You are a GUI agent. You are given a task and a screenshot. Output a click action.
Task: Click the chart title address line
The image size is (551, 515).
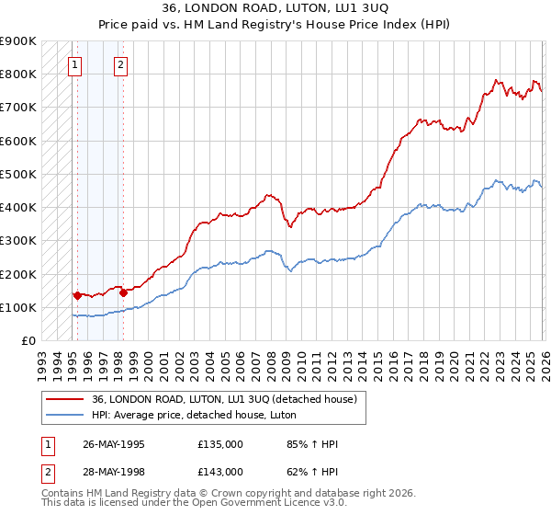(x=275, y=8)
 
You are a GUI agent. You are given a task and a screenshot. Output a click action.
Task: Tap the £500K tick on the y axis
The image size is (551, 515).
(x=18, y=174)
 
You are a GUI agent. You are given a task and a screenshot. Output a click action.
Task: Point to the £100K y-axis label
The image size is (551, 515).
(x=18, y=307)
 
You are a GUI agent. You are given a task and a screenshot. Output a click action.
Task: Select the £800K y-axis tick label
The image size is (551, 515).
(x=18, y=74)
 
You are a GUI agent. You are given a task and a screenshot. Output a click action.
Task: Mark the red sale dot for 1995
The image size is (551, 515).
(x=77, y=295)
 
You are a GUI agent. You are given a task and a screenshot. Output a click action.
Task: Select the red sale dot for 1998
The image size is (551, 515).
(x=123, y=292)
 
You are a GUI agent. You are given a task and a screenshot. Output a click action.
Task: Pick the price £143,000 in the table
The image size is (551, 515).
(x=220, y=470)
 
